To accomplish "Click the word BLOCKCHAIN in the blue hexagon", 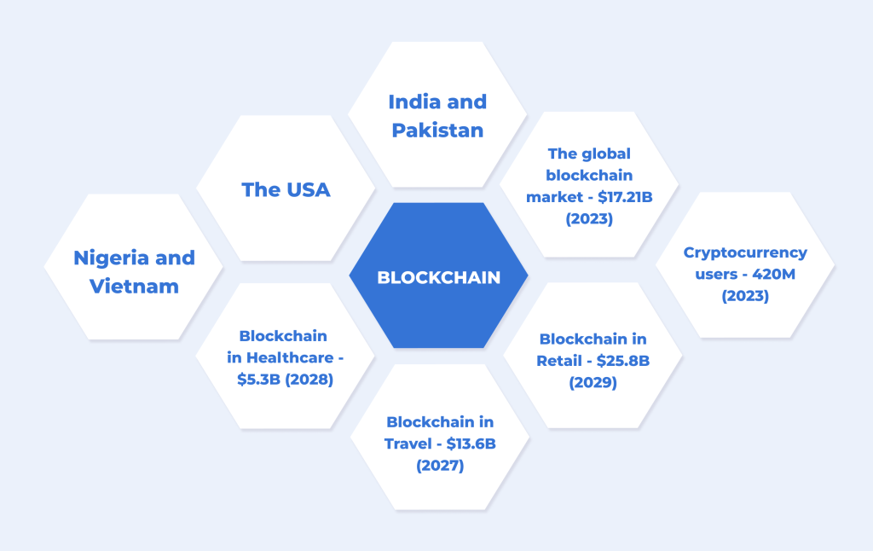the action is (439, 277).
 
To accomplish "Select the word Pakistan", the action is (437, 130).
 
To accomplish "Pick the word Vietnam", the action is (134, 287).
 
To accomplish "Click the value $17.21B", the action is (625, 197).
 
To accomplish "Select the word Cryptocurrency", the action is (745, 253).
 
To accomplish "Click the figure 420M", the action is (774, 274).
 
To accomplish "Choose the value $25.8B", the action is (623, 361).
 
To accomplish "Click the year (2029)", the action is (593, 383).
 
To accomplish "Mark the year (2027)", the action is (440, 466).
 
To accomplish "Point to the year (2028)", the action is (309, 380).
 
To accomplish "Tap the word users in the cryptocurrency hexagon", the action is (716, 275).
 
